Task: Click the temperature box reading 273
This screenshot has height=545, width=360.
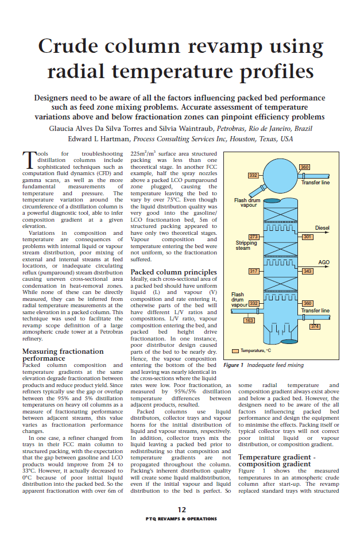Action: [x=253, y=237]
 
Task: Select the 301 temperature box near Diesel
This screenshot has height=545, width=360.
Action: [x=308, y=237]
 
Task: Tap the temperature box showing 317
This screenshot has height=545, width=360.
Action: [x=253, y=270]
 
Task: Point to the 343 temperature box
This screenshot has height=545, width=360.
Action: [x=308, y=271]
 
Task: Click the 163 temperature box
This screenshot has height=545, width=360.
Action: [x=249, y=320]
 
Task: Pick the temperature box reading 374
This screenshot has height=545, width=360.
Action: [x=315, y=326]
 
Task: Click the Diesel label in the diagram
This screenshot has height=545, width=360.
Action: [x=322, y=228]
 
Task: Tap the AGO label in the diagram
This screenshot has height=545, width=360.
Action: [x=324, y=262]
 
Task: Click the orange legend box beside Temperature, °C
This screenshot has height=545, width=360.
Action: [x=235, y=350]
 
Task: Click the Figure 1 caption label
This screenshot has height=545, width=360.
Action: [x=234, y=365]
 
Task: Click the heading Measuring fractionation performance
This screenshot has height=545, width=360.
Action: [x=63, y=354]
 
